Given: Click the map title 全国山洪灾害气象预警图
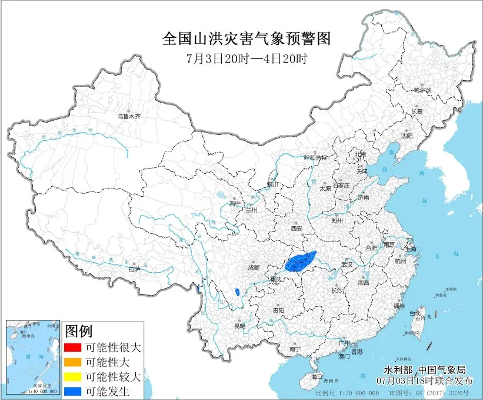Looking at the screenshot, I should [247, 39].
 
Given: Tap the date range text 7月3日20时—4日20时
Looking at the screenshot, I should [246, 58].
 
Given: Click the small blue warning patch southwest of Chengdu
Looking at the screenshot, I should [236, 292].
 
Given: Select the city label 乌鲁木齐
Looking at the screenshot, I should [129, 117].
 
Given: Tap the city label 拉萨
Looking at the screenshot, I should [135, 269].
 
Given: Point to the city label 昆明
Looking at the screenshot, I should [239, 326].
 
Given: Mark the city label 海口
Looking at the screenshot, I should [317, 375].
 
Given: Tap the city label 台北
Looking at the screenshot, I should [416, 313].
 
